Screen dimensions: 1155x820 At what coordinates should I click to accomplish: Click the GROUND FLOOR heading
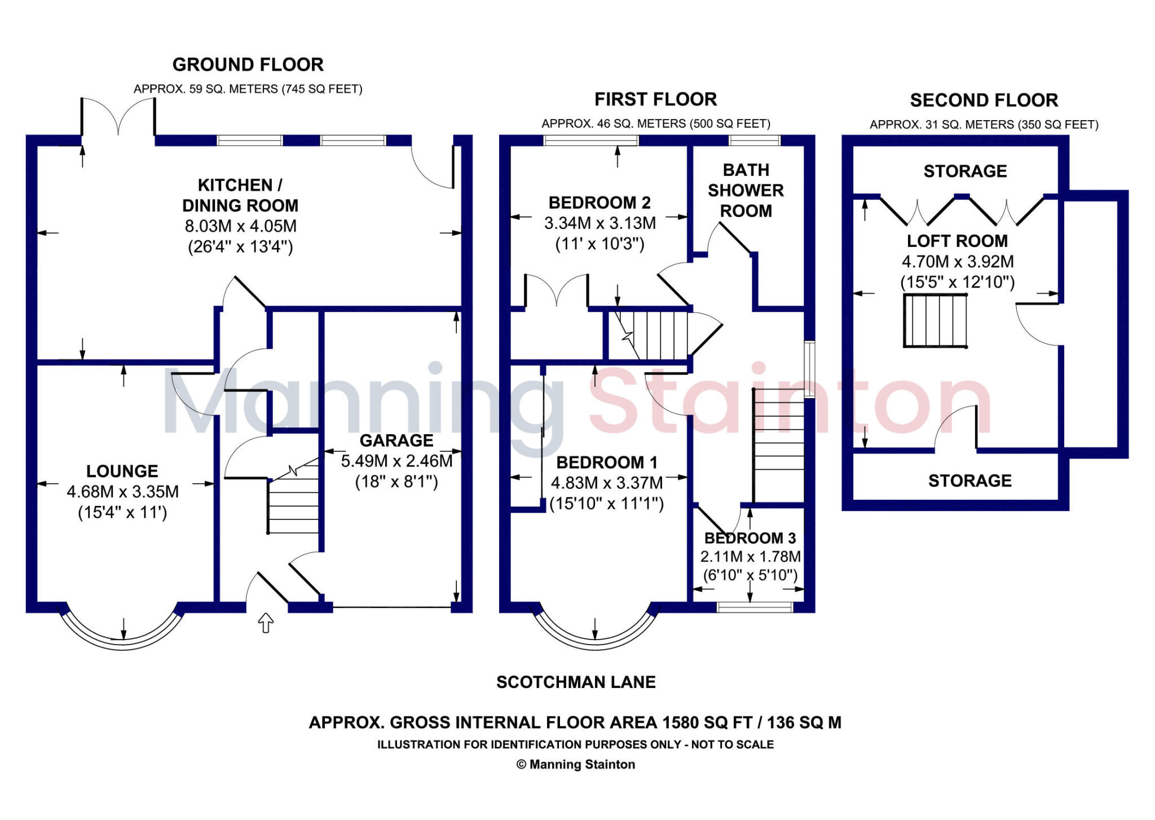(248, 65)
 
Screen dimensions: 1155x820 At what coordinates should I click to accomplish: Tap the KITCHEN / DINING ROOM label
(240, 195)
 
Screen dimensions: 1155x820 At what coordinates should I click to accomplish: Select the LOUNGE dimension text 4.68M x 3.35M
(122, 492)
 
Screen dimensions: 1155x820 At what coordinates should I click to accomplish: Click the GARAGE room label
(396, 440)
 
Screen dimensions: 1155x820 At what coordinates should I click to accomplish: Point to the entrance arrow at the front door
(266, 623)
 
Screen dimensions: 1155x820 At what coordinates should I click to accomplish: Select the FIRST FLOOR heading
(655, 100)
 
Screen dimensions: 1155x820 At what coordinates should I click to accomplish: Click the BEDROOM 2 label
(599, 202)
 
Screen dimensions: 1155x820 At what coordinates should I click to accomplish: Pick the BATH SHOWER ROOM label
(746, 191)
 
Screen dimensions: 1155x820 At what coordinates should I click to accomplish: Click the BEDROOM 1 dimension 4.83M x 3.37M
(607, 483)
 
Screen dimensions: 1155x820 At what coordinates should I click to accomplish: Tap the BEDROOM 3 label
(750, 538)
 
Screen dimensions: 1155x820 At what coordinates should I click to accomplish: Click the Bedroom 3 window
(755, 607)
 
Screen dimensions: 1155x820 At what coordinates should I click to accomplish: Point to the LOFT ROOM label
(957, 241)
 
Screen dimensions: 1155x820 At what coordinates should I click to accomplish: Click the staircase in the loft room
(935, 320)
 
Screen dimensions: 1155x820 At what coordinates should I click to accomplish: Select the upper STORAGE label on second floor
(965, 171)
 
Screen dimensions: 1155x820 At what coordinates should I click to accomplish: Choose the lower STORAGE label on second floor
(969, 481)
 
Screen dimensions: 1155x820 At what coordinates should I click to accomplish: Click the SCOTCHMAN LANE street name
(576, 682)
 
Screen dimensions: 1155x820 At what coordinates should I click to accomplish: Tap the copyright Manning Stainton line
(576, 765)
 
